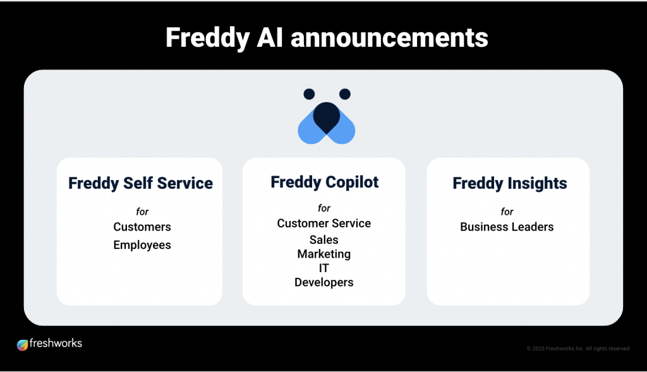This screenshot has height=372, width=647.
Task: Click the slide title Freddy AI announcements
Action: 327,38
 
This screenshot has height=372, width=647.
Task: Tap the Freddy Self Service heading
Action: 141,184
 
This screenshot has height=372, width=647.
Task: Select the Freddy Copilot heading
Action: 324,183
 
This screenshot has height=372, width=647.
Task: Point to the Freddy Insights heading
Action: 510,184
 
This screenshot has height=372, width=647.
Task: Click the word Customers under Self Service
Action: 142,227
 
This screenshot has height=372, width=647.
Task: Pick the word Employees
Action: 142,245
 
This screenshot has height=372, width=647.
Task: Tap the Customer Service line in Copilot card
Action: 324,223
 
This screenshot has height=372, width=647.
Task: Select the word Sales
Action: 324,239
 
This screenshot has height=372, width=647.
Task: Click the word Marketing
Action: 324,254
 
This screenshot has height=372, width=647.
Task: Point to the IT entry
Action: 324,268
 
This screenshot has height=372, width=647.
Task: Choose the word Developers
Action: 324,282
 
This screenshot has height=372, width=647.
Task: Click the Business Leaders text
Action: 507,227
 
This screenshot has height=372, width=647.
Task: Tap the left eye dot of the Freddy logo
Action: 309,94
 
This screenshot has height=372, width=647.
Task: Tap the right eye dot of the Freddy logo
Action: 345,94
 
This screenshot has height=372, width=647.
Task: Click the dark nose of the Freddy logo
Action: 327,117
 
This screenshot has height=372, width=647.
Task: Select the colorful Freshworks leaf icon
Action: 22,344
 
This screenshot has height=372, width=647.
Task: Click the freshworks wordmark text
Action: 56,343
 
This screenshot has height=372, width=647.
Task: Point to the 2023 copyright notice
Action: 579,349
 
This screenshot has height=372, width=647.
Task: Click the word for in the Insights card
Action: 507,212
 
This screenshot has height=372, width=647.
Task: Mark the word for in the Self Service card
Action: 142,212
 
